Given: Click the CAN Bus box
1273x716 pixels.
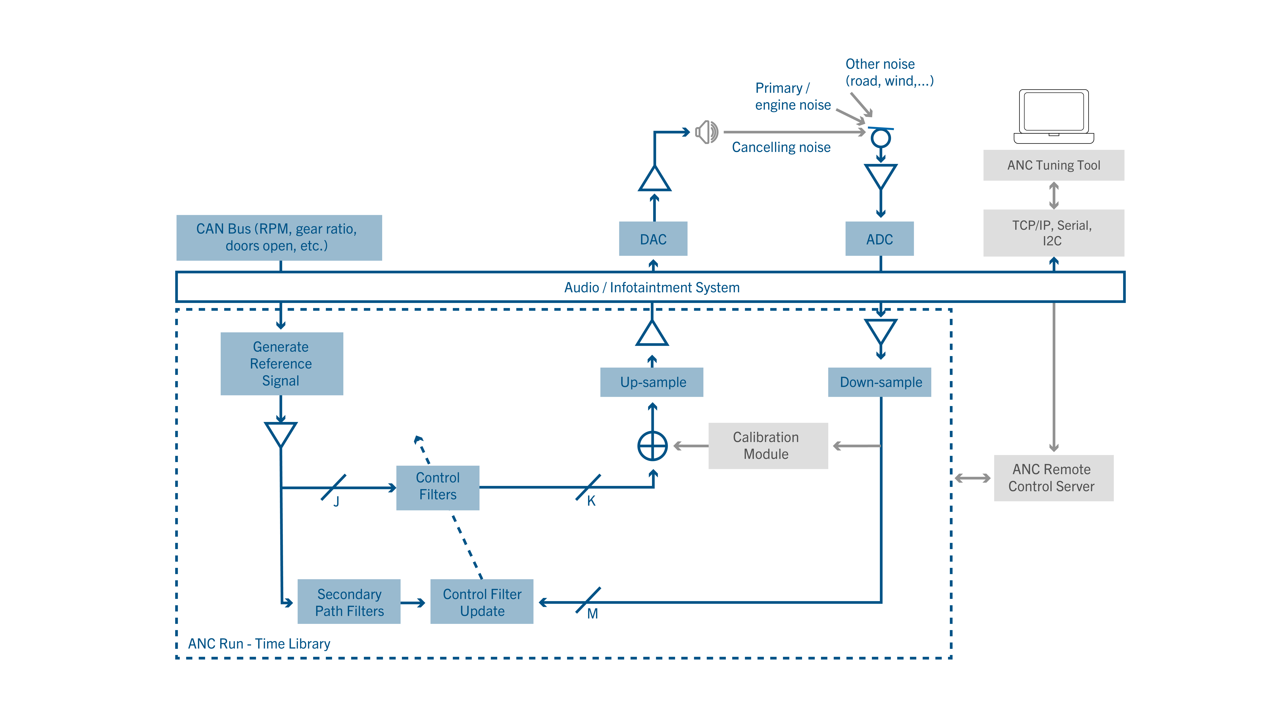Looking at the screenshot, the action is (x=279, y=238).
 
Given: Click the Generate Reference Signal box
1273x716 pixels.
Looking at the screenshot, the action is (x=282, y=364).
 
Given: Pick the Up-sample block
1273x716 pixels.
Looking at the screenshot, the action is (x=652, y=382).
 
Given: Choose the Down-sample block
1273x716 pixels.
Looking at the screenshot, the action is (x=880, y=382).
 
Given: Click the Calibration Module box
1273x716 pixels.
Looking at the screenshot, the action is (x=768, y=446).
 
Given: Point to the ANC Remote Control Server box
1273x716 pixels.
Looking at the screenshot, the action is (x=1054, y=478).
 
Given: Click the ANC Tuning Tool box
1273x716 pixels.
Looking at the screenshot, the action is (x=1054, y=165).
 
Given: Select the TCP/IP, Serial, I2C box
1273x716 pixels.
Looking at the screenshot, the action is (x=1054, y=233).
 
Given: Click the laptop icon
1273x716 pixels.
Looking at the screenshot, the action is (x=1054, y=117).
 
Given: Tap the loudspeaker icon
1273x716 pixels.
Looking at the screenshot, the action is (x=707, y=132).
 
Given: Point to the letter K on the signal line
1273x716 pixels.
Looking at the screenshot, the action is (x=591, y=501).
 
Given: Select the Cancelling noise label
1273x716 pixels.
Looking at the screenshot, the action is (x=781, y=147).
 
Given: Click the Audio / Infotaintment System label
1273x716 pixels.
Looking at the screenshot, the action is (x=652, y=288).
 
